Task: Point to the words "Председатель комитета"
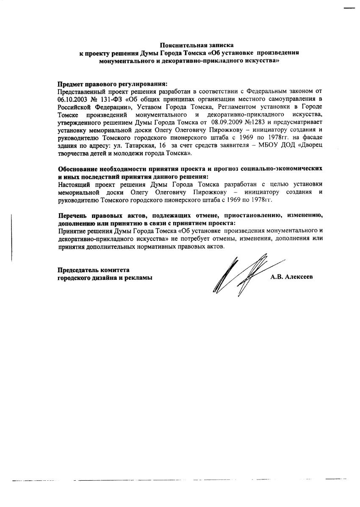pos(93,270)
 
